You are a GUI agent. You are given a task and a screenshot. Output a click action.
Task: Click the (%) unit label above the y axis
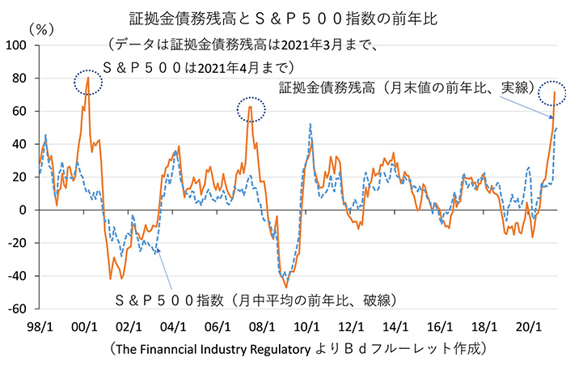click(x=40, y=28)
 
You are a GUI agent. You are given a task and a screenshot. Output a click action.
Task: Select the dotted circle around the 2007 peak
click(x=251, y=108)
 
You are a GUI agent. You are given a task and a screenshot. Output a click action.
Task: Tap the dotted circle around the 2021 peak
click(x=554, y=93)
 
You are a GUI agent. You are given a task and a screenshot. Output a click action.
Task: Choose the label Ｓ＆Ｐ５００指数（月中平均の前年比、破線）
click(x=256, y=300)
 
